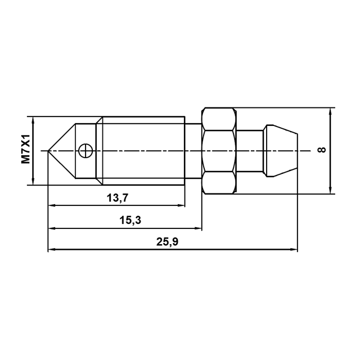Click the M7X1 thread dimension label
pyautogui.click(x=25, y=149)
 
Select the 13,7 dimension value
pyautogui.click(x=118, y=198)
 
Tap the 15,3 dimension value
pyautogui.click(x=130, y=220)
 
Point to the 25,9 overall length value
pyautogui.click(x=167, y=242)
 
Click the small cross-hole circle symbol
pyautogui.click(x=85, y=151)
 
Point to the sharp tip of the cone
pyautogui.click(x=48, y=151)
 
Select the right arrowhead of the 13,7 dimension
pyautogui.click(x=181, y=205)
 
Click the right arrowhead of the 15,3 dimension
pyautogui.click(x=198, y=228)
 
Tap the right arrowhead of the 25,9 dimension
pyautogui.click(x=294, y=249)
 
